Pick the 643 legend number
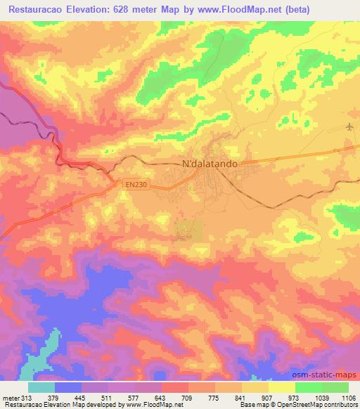161,396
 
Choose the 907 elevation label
268,396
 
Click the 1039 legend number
321,396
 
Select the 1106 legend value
348,396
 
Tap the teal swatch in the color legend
41,387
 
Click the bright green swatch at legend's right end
335,387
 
